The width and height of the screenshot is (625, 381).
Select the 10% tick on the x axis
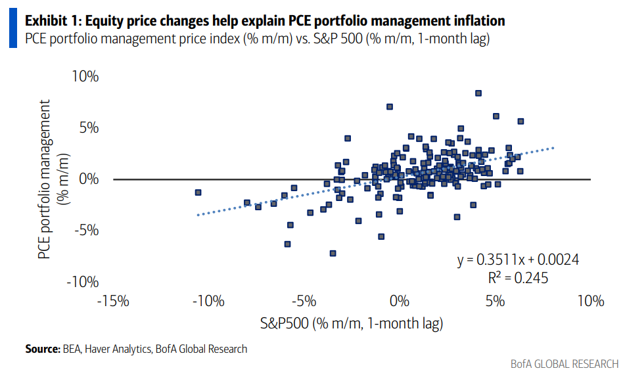click(590, 302)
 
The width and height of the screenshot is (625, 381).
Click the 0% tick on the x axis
click(399, 302)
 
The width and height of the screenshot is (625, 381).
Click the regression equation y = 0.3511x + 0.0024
click(518, 260)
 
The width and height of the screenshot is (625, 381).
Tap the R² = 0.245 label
click(518, 278)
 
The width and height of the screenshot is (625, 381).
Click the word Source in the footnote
click(43, 349)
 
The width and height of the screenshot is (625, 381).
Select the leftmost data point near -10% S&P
click(198, 192)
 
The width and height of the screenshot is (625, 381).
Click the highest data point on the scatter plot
click(478, 93)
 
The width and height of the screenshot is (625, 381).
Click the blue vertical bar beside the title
click(13, 30)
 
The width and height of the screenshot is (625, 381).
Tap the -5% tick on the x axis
click(304, 302)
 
